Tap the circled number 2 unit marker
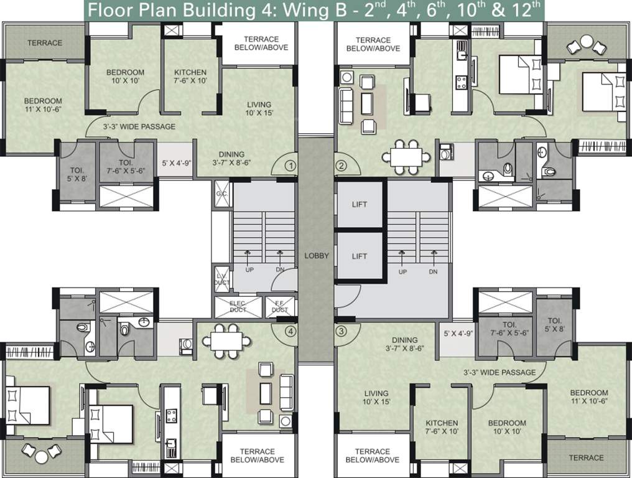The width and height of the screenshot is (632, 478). [x=341, y=166]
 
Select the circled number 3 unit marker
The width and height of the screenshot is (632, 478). [x=340, y=331]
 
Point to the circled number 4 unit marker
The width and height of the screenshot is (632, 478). [x=289, y=331]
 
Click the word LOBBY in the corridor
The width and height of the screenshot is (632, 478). [x=316, y=256]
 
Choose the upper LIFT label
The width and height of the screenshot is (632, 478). [x=359, y=204]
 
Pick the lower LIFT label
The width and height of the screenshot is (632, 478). [x=359, y=256]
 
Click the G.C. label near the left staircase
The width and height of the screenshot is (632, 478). [x=221, y=193]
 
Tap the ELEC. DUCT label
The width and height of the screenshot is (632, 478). [x=238, y=307]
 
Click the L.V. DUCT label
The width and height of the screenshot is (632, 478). [x=221, y=279]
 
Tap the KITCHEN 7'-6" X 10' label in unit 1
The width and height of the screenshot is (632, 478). [x=190, y=77]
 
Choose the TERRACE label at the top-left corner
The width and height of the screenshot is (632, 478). [x=44, y=43]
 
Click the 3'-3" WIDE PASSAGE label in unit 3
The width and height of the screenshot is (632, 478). [x=500, y=372]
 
